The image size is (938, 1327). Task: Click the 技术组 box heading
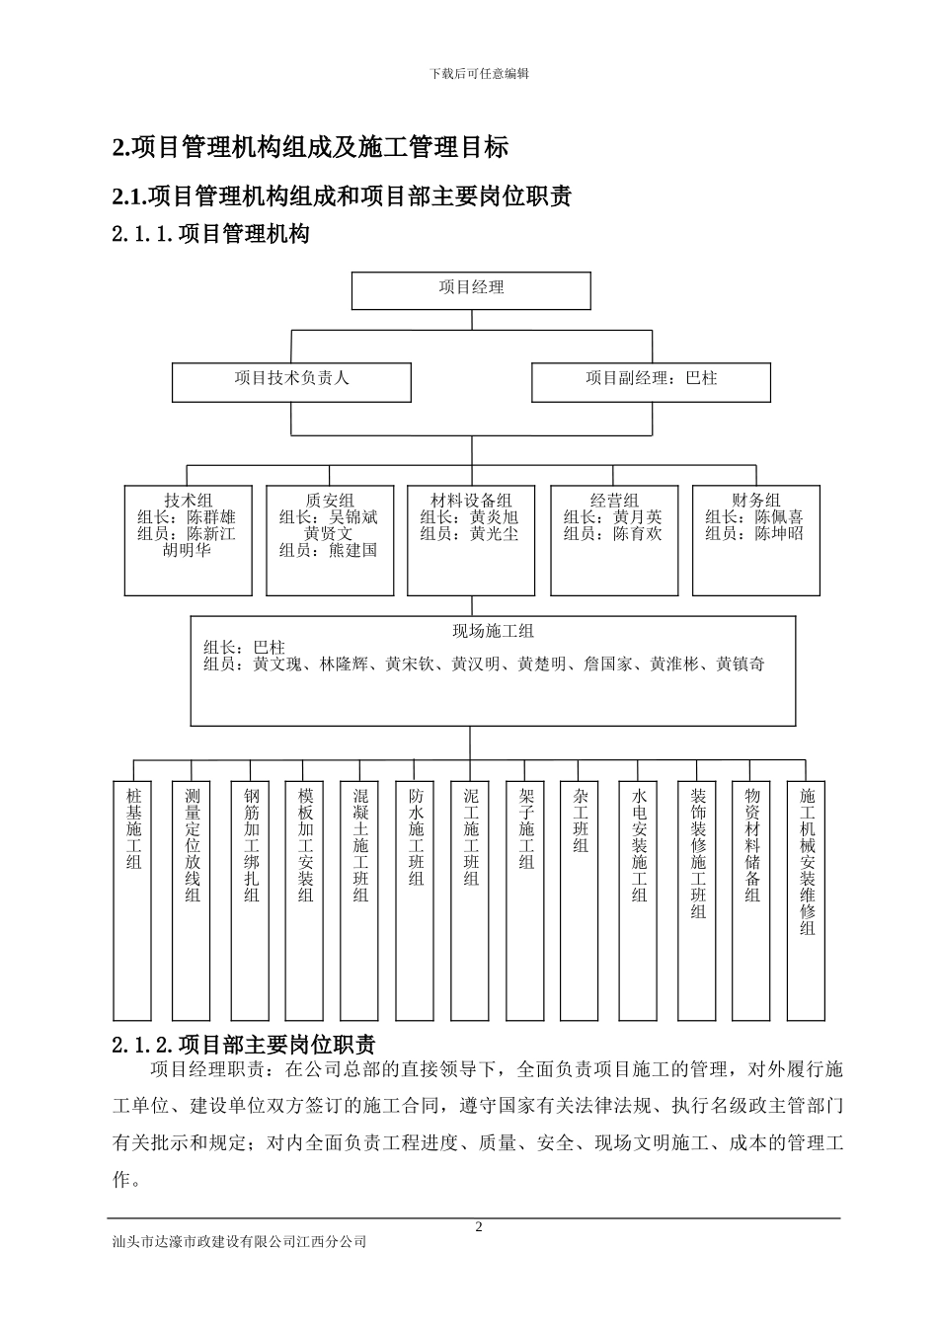(189, 501)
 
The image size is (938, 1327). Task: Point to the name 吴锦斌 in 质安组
(352, 517)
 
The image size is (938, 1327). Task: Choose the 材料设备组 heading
(471, 501)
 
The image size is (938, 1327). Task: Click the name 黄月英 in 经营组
(637, 517)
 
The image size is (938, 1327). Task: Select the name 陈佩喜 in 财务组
(779, 517)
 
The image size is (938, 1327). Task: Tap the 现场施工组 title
(493, 631)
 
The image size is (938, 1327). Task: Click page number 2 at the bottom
(480, 1227)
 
